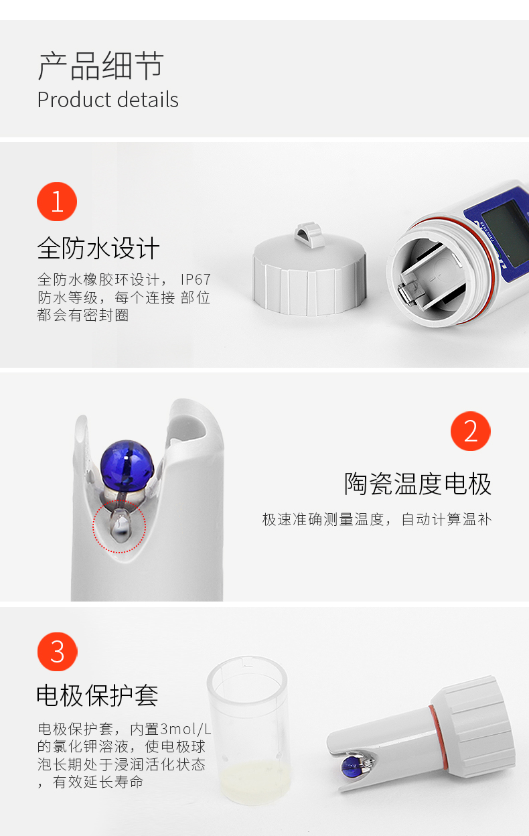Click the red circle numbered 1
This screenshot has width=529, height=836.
click(x=57, y=202)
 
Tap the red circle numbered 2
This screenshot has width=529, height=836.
click(x=471, y=431)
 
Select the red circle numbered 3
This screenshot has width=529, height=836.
click(x=57, y=652)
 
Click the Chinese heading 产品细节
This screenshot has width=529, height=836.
click(x=100, y=66)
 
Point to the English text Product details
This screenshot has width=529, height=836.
click(x=108, y=100)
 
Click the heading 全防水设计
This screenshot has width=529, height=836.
click(x=98, y=248)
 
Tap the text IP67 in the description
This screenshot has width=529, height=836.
click(x=196, y=279)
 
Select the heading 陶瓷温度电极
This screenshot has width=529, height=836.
click(x=417, y=484)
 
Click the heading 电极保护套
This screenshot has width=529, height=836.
click(x=97, y=695)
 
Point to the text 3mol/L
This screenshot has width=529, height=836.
click(x=185, y=729)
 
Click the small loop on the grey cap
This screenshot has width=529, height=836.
click(x=307, y=233)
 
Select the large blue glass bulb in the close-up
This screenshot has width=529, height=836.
click(x=127, y=465)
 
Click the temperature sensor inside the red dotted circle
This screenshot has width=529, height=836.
click(x=120, y=525)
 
